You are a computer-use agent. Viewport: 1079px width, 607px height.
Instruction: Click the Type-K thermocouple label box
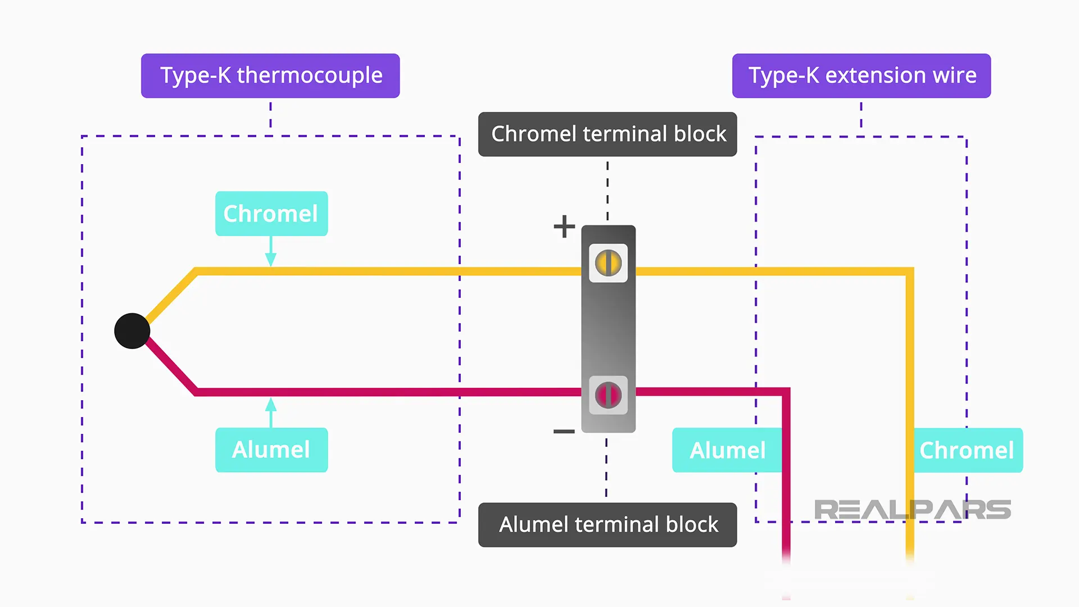pyautogui.click(x=270, y=76)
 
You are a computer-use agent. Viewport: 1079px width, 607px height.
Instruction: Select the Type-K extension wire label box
pyautogui.click(x=861, y=76)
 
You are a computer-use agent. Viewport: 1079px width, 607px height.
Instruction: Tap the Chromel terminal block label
pyautogui.click(x=607, y=134)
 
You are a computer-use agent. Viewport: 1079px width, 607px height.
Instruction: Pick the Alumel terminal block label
pyautogui.click(x=607, y=525)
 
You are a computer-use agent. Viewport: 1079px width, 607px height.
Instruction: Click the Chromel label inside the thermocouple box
pyautogui.click(x=271, y=214)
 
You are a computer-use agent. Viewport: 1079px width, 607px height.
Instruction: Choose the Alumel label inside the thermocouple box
pyautogui.click(x=271, y=450)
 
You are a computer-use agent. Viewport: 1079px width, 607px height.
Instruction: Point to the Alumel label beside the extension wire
pyautogui.click(x=727, y=450)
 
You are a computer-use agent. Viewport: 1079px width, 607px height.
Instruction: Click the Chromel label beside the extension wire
pyautogui.click(x=967, y=450)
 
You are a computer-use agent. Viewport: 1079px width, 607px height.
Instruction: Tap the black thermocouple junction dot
pyautogui.click(x=132, y=331)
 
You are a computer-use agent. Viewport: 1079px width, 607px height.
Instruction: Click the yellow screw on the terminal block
pyautogui.click(x=608, y=263)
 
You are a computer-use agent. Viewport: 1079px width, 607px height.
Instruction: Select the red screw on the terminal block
pyautogui.click(x=608, y=395)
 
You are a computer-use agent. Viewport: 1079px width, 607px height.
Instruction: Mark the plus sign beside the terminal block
pyautogui.click(x=564, y=227)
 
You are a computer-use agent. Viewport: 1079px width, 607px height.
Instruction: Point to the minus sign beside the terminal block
pyautogui.click(x=564, y=432)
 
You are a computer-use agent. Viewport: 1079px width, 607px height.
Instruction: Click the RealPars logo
pyautogui.click(x=912, y=510)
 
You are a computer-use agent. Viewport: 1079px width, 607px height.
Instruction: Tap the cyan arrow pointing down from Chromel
pyautogui.click(x=271, y=252)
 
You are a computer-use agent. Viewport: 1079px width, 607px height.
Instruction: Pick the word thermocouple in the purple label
pyautogui.click(x=310, y=76)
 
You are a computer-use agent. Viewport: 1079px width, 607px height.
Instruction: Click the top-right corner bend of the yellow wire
pyautogui.click(x=909, y=272)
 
